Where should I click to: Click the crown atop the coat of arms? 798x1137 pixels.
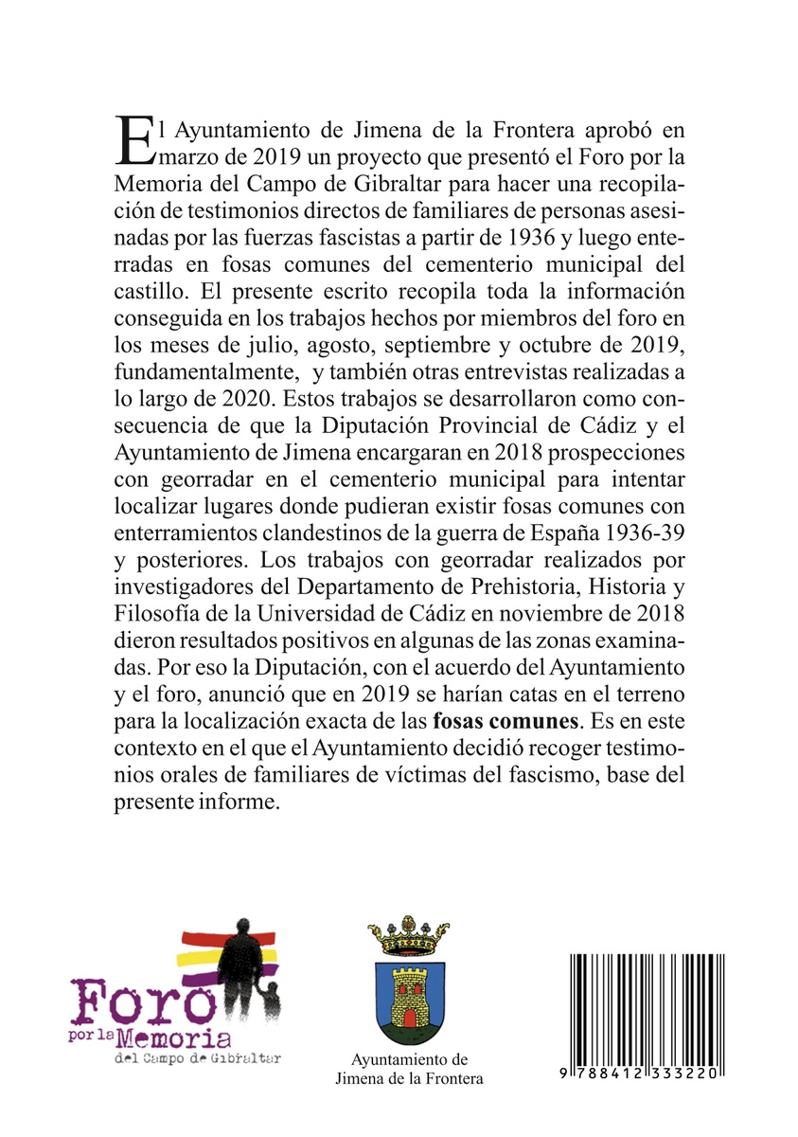point(408,936)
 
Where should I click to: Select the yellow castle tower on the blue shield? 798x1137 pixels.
point(409,999)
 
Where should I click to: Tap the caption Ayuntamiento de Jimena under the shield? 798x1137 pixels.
point(409,1069)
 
